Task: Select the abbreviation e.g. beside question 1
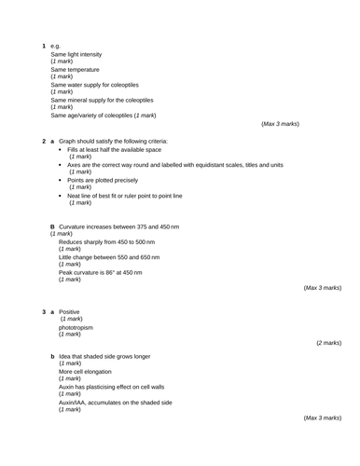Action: pos(55,46)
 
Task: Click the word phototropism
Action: pos(76,327)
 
